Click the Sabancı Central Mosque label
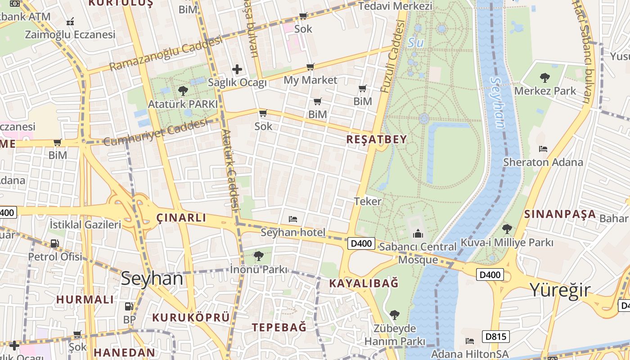(x=418, y=253)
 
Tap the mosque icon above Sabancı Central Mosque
(x=418, y=234)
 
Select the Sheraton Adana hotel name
(x=543, y=162)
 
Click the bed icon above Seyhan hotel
(x=293, y=219)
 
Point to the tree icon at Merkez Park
(x=544, y=78)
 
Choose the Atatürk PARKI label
(x=183, y=104)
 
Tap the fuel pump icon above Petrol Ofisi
(x=54, y=243)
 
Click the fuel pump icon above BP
(x=129, y=306)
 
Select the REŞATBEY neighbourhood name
(x=376, y=139)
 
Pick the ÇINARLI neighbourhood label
(x=181, y=218)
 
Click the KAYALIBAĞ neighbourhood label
(x=364, y=283)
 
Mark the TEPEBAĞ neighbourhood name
(x=279, y=327)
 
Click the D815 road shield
(x=496, y=336)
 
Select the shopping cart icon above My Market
(x=310, y=67)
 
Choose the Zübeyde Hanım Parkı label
(x=395, y=335)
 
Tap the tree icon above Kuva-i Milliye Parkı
(x=507, y=229)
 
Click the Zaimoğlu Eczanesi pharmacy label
(x=70, y=35)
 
